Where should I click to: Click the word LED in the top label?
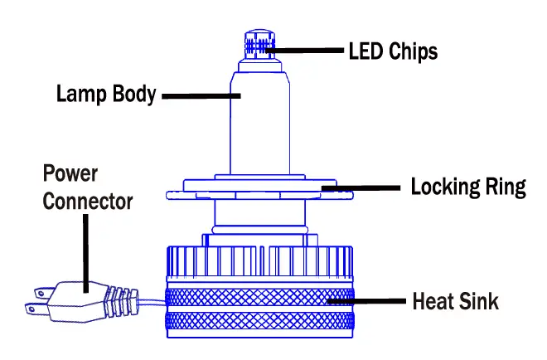(x=365, y=51)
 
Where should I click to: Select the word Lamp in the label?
(x=80, y=94)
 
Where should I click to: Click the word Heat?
(x=432, y=300)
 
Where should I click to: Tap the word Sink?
(x=479, y=300)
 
